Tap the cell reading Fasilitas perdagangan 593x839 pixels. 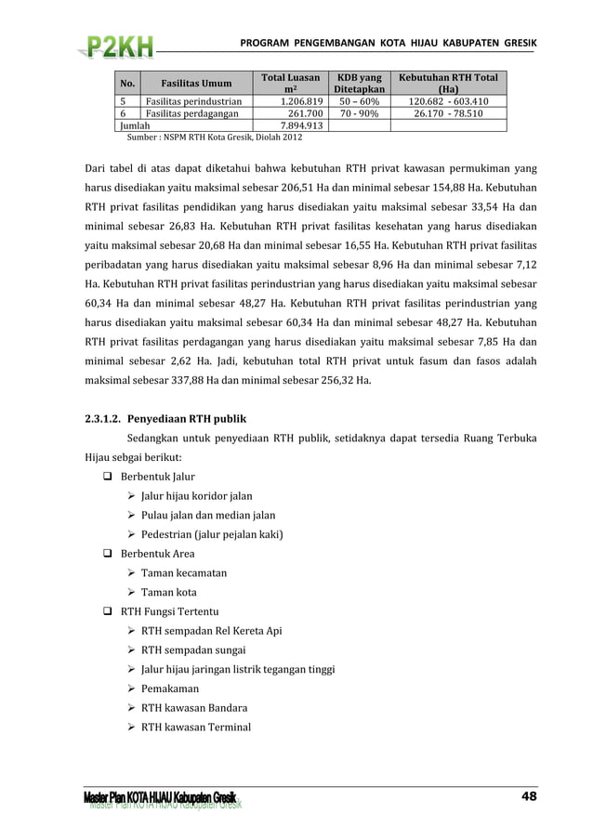point(190,113)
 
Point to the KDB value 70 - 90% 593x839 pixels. point(358,113)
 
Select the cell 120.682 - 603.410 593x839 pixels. point(449,101)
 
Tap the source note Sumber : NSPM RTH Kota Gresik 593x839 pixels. point(214,138)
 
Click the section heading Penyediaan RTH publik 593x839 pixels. point(186,418)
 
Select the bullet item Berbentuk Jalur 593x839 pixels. point(157,477)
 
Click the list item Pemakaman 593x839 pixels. point(170,688)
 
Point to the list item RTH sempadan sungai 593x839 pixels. point(198,649)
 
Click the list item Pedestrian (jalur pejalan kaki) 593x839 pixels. point(212,534)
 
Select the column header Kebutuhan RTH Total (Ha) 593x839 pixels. point(449,85)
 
